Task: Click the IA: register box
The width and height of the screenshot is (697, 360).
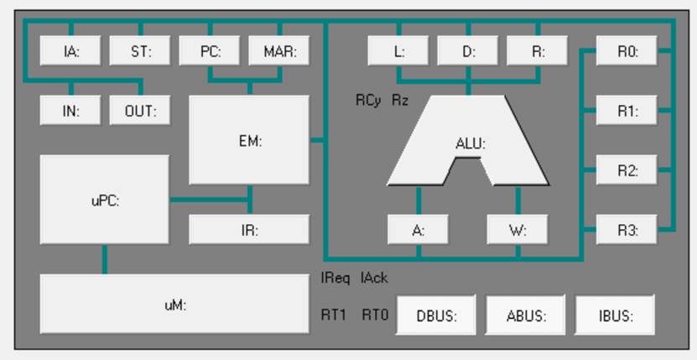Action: coord(71,51)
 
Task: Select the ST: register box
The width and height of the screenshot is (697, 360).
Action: coord(140,51)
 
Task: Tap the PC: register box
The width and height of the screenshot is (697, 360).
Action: coord(210,51)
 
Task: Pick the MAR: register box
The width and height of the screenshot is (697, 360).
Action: coord(279,51)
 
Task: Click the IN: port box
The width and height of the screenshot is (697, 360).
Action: coord(71,111)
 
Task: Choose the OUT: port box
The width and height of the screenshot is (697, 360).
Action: coord(140,111)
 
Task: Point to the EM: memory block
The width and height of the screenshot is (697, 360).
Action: coord(250,140)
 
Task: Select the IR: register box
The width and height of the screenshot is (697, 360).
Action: coord(250,230)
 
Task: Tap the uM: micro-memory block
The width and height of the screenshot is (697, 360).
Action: coord(174,304)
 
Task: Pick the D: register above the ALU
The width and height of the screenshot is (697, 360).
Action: coord(468,51)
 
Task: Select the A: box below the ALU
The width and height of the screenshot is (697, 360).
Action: coord(419,230)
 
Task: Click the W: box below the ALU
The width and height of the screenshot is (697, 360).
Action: coord(518,230)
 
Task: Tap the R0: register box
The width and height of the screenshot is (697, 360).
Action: coord(627,51)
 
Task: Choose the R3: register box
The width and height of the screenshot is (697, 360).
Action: coord(627,230)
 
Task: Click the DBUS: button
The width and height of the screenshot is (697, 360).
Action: coord(436,316)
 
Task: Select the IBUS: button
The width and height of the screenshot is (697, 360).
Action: coord(616,316)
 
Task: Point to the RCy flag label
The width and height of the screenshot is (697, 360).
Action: coord(368,100)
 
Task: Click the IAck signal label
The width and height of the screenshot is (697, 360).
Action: coord(374,278)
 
